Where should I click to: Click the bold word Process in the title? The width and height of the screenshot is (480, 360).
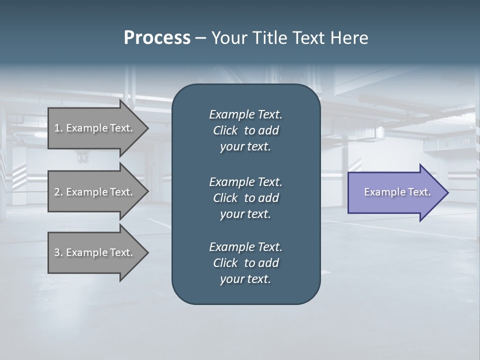[x=157, y=38]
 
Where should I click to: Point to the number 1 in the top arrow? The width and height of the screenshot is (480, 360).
[x=57, y=128]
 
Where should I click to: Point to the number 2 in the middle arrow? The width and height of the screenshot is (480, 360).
[x=57, y=192]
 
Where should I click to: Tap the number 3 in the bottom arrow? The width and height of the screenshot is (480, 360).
[x=57, y=252]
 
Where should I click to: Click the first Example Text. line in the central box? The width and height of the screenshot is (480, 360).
[x=245, y=114]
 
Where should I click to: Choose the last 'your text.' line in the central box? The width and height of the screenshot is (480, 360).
[x=245, y=279]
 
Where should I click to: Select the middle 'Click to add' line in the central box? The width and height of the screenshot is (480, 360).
[x=245, y=198]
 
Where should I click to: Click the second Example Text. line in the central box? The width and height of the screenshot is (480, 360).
[x=245, y=182]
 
